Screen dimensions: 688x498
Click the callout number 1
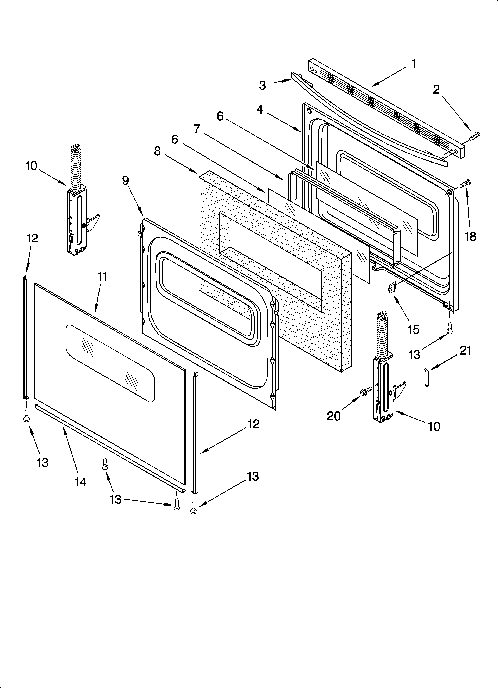(413, 64)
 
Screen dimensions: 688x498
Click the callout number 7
(197, 129)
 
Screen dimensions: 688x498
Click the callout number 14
(81, 482)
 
